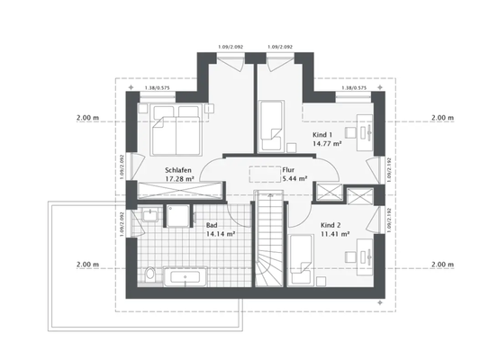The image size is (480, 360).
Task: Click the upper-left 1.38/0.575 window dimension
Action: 158,88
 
